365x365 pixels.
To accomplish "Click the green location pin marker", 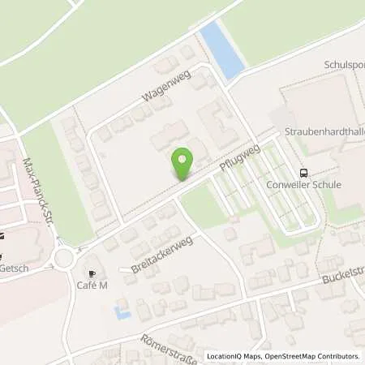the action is (x=183, y=164).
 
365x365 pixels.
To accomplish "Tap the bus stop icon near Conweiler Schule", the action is (x=303, y=172).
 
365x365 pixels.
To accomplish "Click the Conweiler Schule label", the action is (x=315, y=185).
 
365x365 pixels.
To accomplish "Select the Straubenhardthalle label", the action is (x=324, y=130).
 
